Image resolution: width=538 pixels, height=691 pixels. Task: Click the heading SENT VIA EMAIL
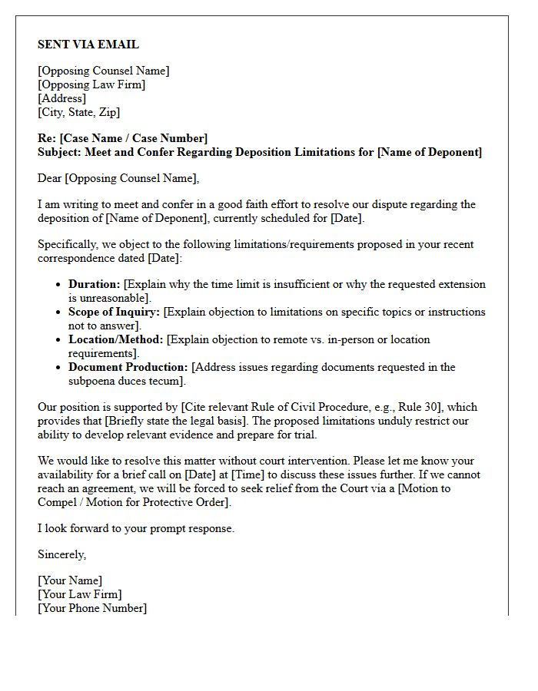tap(88, 45)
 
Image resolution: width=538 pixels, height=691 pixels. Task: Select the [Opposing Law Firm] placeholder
tap(91, 84)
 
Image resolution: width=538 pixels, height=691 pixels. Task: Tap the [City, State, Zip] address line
tap(78, 112)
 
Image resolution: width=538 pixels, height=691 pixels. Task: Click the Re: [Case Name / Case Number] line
tap(122, 138)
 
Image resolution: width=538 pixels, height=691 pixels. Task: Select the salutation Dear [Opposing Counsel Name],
tap(118, 178)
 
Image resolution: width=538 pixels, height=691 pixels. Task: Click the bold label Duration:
tap(95, 284)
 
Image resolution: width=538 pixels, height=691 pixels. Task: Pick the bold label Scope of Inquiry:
tap(115, 312)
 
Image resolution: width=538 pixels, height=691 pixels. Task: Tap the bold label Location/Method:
tap(116, 339)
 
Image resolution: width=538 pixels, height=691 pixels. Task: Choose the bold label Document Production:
tap(128, 367)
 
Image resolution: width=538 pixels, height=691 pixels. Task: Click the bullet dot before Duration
tap(59, 285)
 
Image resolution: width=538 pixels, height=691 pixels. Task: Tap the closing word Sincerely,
tap(62, 554)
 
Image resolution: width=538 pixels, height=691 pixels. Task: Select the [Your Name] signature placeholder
tap(70, 580)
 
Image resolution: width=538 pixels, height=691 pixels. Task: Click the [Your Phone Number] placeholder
tap(92, 608)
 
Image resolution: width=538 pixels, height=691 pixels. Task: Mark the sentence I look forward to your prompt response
tap(136, 528)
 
